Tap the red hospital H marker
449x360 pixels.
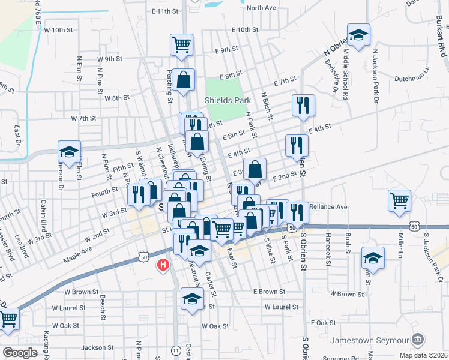162,265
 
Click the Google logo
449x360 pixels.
20,353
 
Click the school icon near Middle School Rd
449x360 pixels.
358,35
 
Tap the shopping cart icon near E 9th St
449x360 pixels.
181,44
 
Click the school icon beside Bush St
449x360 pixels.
373,258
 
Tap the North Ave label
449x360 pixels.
261,8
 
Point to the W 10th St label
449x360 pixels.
58,29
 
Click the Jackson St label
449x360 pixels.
97,347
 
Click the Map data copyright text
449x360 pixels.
422,355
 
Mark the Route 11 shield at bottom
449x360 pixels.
176,349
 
